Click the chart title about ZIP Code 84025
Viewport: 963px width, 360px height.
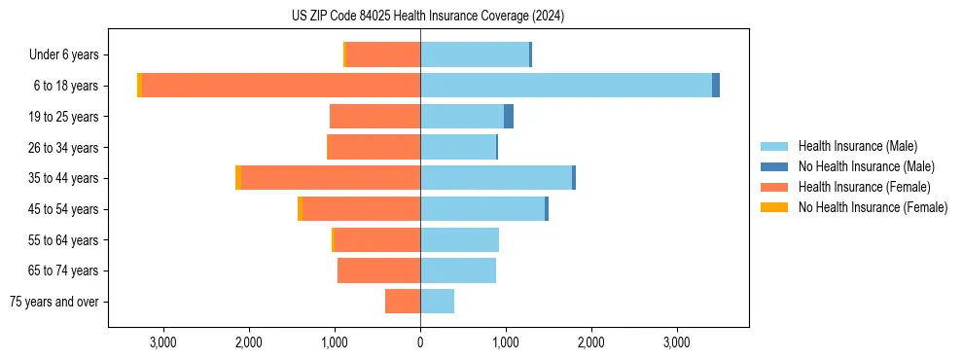428,16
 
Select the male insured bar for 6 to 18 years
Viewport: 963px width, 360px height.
566,86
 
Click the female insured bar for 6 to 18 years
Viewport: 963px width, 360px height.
281,86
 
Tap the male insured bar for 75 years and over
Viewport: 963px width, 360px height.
437,302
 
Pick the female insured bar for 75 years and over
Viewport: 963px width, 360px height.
403,302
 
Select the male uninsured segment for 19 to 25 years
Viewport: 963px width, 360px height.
509,117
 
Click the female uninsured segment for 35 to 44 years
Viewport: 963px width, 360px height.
237,178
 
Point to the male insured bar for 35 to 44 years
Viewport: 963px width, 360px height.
496,178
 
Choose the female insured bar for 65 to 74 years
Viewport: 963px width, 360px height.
378,270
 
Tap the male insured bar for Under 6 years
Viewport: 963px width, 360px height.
475,54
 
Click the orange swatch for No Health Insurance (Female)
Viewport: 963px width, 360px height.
774,207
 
